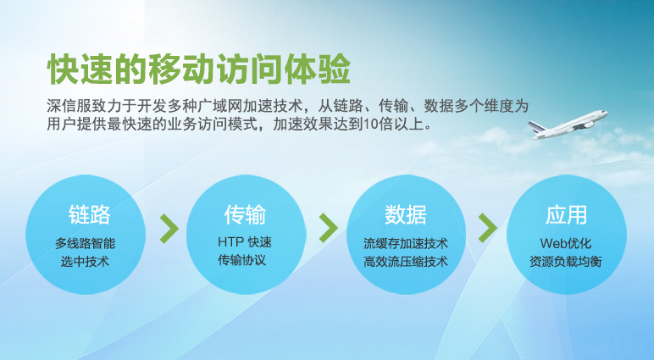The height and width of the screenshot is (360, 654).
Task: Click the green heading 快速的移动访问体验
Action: click(x=199, y=69)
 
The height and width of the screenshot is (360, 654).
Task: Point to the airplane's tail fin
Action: click(x=536, y=127)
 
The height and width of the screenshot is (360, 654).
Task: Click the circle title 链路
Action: click(x=89, y=214)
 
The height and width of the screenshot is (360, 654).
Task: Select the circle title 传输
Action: click(x=245, y=214)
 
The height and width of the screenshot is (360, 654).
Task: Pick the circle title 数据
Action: click(x=406, y=214)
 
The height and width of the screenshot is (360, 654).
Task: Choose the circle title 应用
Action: click(x=566, y=214)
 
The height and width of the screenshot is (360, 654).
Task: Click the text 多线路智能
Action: click(x=85, y=243)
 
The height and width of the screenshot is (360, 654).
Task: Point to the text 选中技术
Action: click(x=85, y=262)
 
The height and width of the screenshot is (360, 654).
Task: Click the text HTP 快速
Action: click(x=245, y=242)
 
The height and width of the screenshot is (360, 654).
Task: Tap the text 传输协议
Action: click(x=242, y=260)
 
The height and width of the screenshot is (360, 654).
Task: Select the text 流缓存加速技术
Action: click(x=406, y=243)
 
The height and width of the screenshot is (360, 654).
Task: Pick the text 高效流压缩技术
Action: click(x=406, y=262)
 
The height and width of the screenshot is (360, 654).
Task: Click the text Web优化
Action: click(x=566, y=243)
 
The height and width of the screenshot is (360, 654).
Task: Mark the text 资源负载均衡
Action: click(x=566, y=262)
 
